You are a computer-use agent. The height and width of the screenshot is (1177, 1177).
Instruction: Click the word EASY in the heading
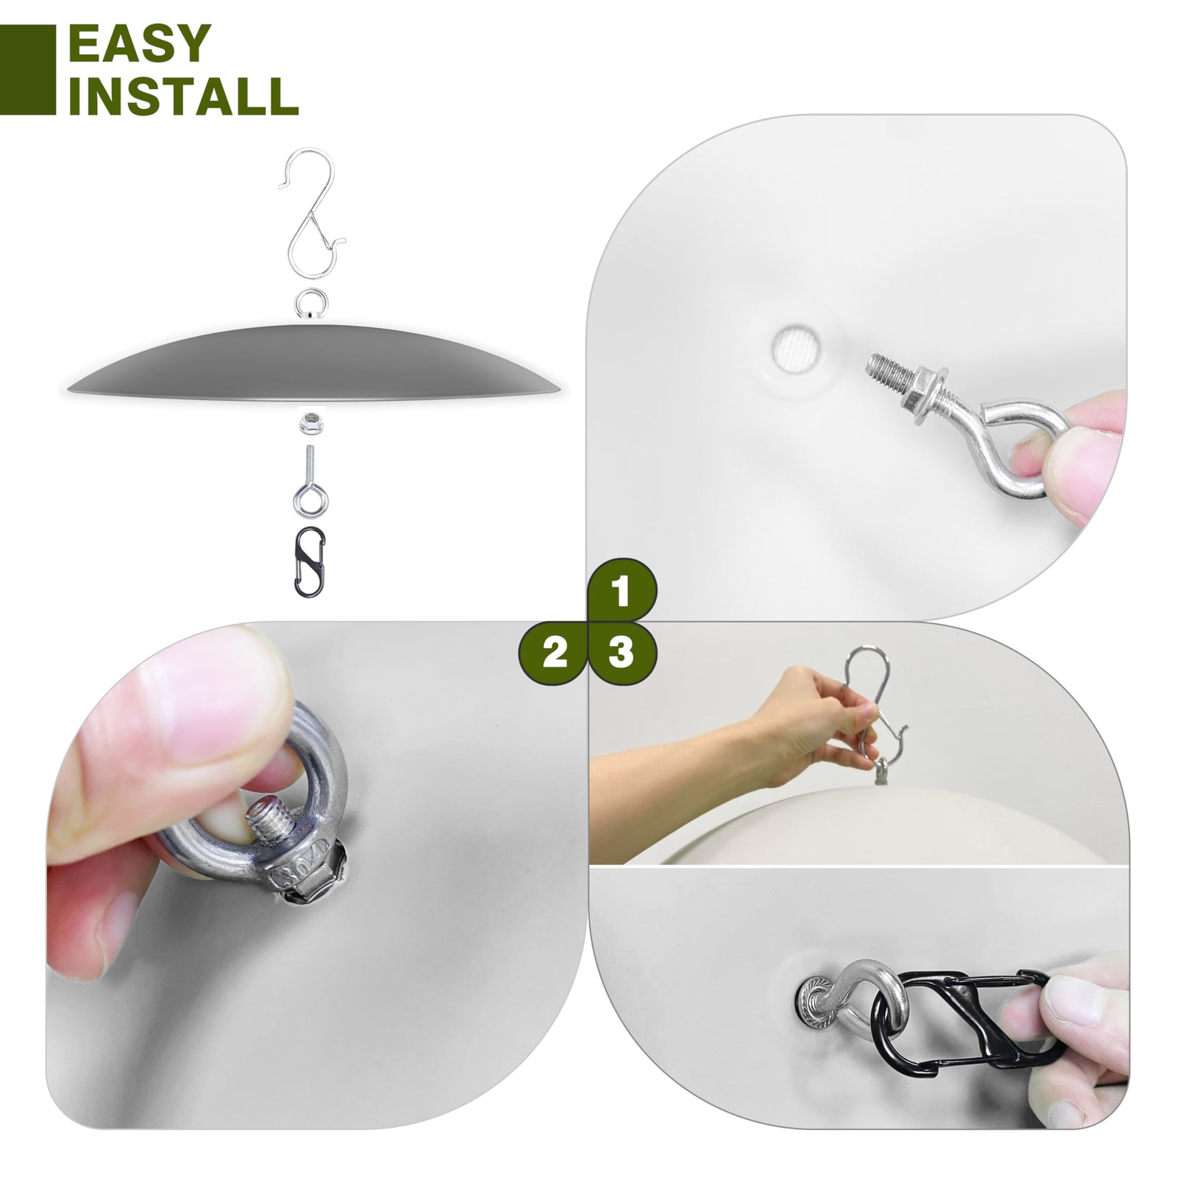[x=140, y=43]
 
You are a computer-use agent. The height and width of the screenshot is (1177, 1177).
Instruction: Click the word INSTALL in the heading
[x=183, y=95]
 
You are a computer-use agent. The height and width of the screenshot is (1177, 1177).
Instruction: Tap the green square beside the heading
[x=28, y=70]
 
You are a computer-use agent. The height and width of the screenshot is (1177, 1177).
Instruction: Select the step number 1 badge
[x=622, y=591]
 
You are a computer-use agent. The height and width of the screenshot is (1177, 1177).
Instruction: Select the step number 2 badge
[x=554, y=652]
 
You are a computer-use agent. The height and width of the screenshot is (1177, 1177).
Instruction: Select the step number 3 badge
[x=622, y=652]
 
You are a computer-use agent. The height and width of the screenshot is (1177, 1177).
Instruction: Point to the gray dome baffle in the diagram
[x=313, y=363]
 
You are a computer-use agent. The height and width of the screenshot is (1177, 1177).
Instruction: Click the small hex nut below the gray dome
[x=309, y=424]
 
